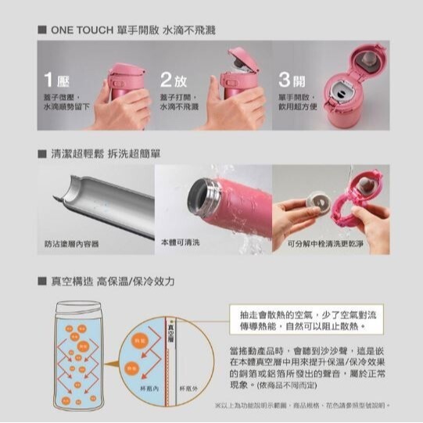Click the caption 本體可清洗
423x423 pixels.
pos(179,242)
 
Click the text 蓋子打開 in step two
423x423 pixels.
pos(175,96)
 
